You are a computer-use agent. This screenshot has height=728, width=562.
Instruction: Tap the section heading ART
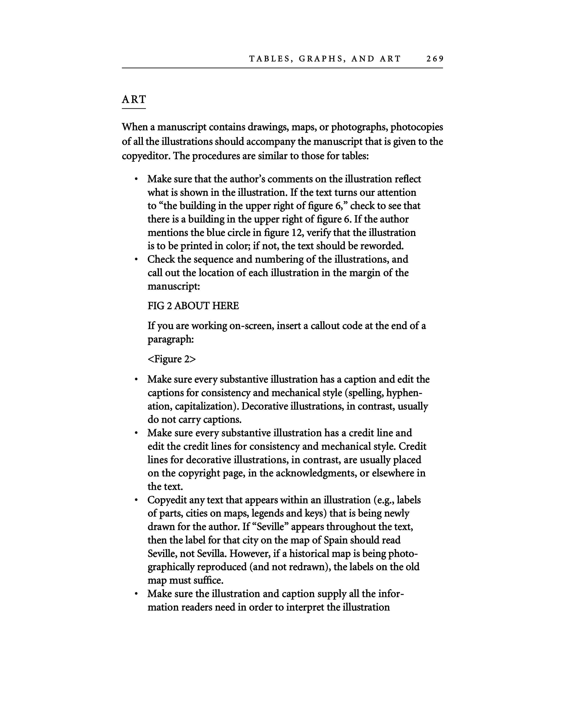point(134,99)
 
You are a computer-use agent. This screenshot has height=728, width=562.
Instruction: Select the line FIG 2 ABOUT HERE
point(193,306)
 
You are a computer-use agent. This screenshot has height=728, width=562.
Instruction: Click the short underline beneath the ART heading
point(134,108)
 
